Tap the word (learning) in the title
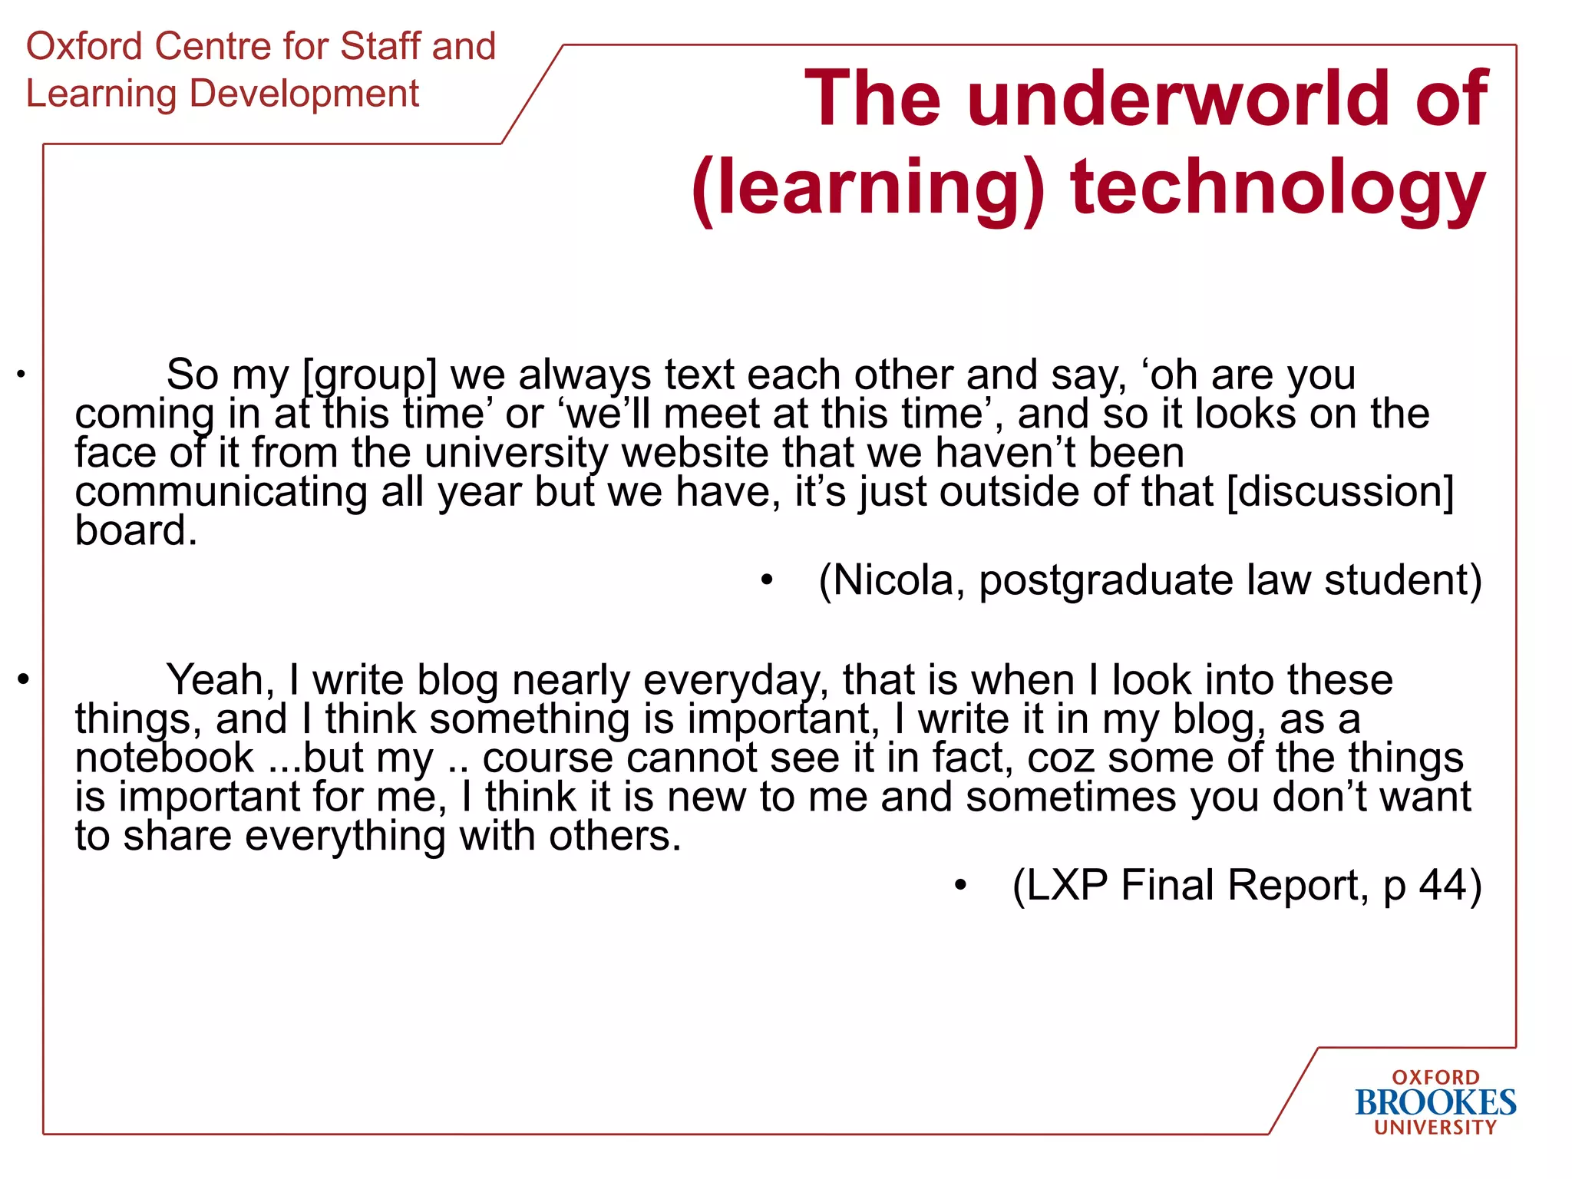(868, 189)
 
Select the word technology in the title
(1278, 189)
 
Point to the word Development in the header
(304, 94)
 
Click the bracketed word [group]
(370, 375)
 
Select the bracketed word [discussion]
(1340, 492)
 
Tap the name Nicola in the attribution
(891, 580)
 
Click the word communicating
(221, 492)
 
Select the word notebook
(164, 758)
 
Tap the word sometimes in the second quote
(1071, 797)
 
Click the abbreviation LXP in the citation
(1067, 885)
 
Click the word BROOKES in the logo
(1435, 1103)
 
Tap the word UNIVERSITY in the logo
(1435, 1128)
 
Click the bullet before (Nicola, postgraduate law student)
(767, 580)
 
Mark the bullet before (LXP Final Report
(960, 886)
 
